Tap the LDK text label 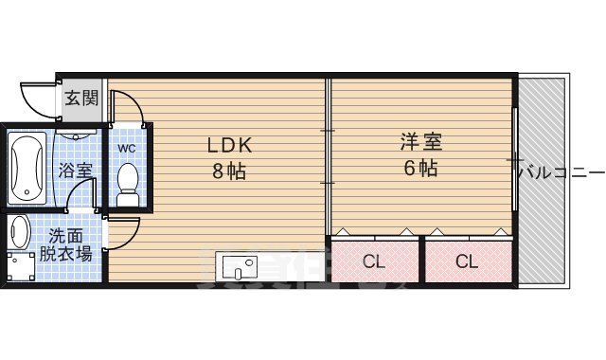pos(230,147)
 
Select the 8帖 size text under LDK pos(230,171)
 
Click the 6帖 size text pos(421,170)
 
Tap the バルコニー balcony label pos(564,172)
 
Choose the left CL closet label pos(375,261)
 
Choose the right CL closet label pos(466,261)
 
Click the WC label pos(126,149)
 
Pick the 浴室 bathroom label pos(75,171)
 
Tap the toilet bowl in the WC pos(127,179)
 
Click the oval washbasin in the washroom pos(20,232)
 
